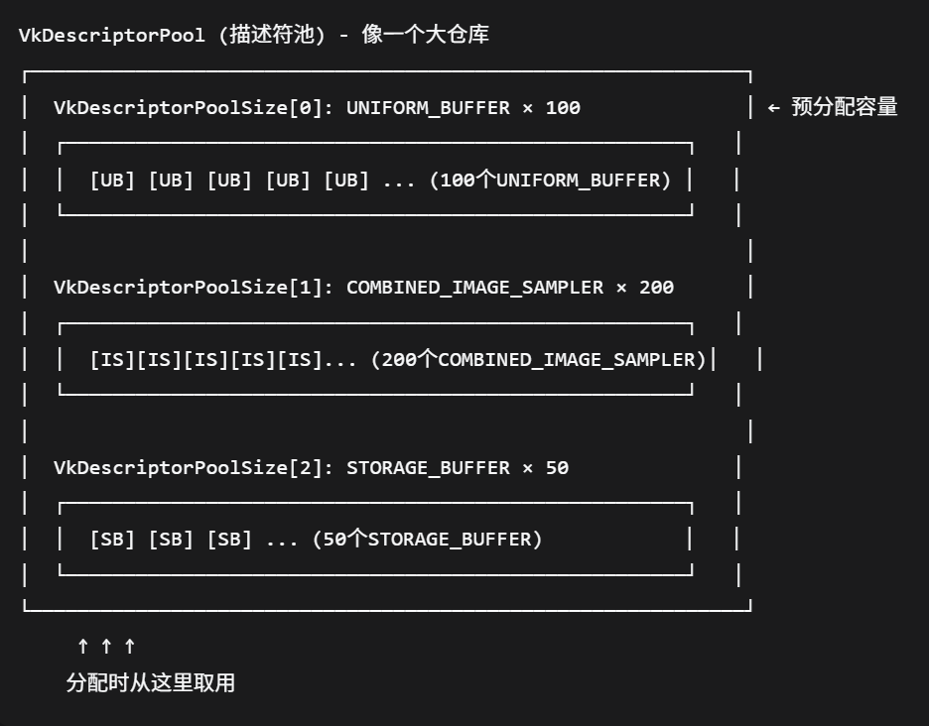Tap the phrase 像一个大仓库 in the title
[x=425, y=36]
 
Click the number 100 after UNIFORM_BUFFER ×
[x=563, y=108]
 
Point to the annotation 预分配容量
[x=845, y=108]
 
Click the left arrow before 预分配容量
[x=774, y=108]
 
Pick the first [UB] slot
[x=112, y=181]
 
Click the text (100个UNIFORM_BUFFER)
[x=550, y=181]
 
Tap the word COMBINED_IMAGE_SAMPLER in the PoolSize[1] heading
[x=474, y=288]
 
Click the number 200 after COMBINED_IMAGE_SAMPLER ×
[x=656, y=288]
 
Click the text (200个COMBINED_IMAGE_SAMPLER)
[x=538, y=360]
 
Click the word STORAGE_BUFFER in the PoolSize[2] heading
[x=428, y=468]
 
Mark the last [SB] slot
[x=229, y=541]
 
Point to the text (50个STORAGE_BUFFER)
[x=427, y=541]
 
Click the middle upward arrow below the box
[x=106, y=647]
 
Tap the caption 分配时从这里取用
[x=151, y=683]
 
